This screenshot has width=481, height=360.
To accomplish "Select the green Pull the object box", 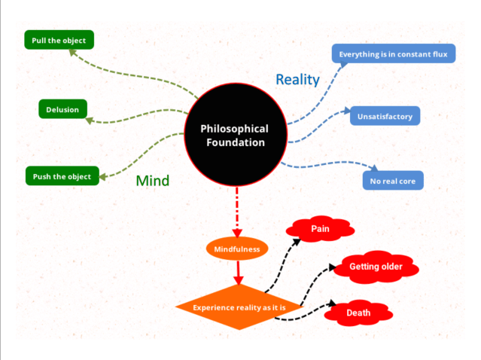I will (59, 40).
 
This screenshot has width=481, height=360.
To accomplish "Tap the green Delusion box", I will (62, 109).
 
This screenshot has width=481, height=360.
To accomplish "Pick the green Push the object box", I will (62, 177).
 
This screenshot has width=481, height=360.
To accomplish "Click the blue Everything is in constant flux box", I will (394, 54).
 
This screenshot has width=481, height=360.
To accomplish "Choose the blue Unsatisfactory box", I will (385, 116).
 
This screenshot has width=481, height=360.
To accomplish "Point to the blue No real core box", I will (392, 181).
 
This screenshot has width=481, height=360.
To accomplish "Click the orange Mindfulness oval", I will (237, 249).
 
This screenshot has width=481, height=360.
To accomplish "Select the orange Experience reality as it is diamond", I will (238, 307).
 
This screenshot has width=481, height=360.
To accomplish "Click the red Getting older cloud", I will (376, 267).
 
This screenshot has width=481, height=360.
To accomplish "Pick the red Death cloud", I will (358, 313).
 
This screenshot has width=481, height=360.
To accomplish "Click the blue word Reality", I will (297, 79).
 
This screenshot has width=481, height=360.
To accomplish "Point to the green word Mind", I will (152, 181).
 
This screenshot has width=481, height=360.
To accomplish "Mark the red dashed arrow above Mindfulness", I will (237, 211).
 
